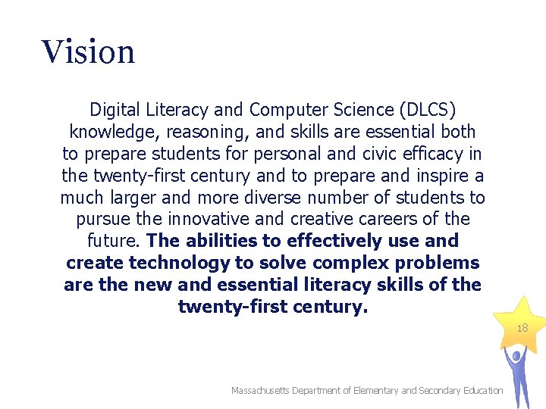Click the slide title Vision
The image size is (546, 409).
[x=89, y=52]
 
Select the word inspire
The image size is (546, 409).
[x=447, y=176]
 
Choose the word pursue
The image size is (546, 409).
[x=102, y=220]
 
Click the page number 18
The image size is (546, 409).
[x=522, y=328]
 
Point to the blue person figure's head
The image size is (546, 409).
[x=516, y=354]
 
